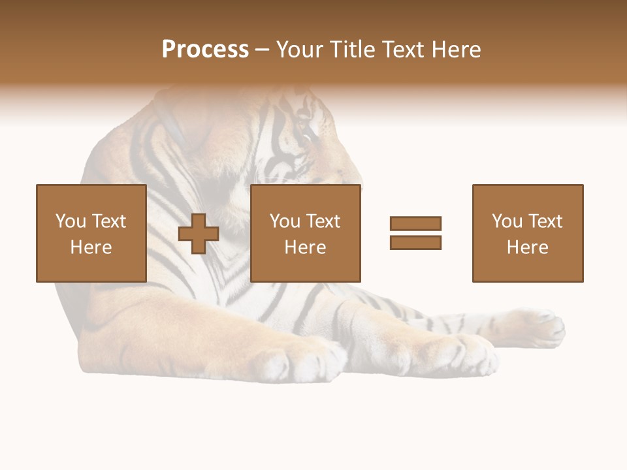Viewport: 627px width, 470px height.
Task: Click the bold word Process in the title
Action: [205, 50]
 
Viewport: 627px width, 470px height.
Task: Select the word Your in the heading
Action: [301, 50]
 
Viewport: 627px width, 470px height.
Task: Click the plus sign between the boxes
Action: [199, 233]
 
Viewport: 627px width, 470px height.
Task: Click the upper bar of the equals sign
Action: [415, 223]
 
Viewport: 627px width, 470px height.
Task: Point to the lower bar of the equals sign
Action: [415, 242]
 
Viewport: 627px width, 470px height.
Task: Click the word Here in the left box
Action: [91, 247]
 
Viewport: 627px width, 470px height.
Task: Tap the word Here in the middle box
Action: [306, 247]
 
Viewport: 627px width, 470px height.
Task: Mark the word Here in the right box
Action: [528, 247]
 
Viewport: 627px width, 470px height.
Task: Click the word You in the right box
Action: [507, 221]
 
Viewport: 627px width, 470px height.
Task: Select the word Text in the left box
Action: [108, 221]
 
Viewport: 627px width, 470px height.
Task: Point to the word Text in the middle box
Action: [323, 221]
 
